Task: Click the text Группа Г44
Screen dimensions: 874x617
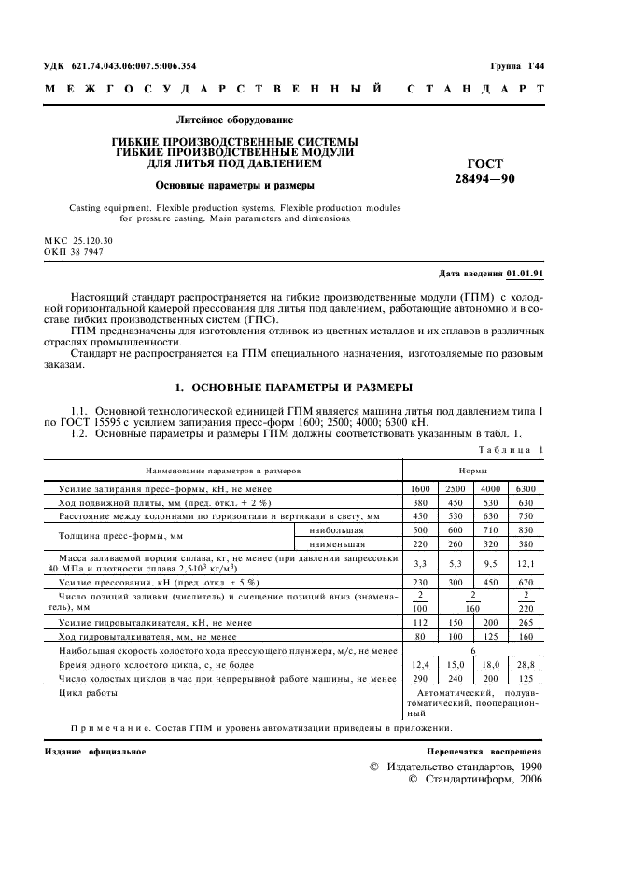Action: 517,66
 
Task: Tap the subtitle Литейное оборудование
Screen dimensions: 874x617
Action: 234,120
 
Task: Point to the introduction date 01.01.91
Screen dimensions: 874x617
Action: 526,274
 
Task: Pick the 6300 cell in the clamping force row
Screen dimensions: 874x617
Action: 525,489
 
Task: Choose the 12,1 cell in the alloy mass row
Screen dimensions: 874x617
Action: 525,564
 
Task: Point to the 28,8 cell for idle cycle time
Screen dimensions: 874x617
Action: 525,664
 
